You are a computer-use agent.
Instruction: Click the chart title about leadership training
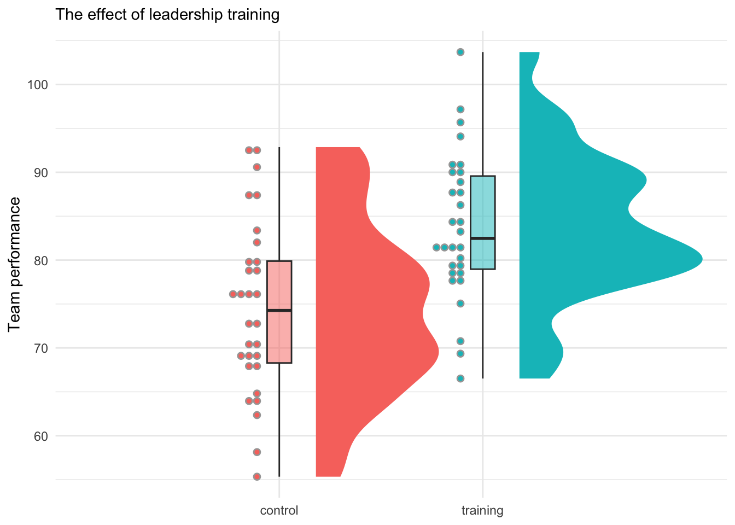[167, 15]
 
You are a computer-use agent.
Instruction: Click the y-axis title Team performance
[15, 264]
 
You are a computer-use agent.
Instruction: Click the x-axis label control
[279, 511]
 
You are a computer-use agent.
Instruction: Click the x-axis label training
[482, 511]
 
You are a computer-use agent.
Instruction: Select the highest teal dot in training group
[460, 52]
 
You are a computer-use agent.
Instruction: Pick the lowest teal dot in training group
[460, 378]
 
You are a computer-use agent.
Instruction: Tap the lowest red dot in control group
[257, 477]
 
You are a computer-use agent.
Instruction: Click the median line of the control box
[279, 310]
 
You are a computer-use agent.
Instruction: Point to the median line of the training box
[482, 238]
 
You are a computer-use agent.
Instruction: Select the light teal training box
[482, 208]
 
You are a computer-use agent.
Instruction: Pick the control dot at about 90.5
[257, 167]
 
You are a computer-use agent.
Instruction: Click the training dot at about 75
[460, 304]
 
